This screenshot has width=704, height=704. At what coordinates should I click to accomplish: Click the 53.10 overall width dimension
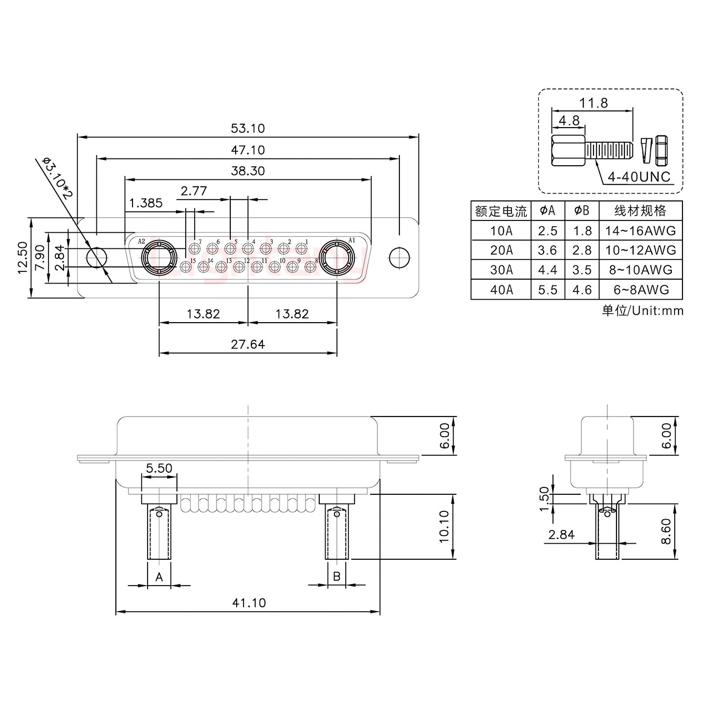coord(247,129)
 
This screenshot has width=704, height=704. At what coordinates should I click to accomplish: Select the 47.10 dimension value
coord(247,150)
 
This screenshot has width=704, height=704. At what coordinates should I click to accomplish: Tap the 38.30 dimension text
coord(247,171)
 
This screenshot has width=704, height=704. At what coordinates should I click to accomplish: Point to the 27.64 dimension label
coord(248,345)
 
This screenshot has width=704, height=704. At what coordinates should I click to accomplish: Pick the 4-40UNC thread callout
coord(639,177)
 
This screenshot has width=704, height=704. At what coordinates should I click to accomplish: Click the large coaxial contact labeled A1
coord(337,257)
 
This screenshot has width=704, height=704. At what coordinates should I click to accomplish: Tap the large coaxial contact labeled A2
coord(159,257)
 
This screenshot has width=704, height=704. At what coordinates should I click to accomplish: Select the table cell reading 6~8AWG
coord(641,290)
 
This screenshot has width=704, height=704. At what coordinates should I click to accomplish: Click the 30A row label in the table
coord(501,270)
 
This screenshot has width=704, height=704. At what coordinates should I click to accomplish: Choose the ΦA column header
coord(548,211)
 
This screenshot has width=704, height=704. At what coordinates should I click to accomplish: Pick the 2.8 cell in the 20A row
coord(582,250)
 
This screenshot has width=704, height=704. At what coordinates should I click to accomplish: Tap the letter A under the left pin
coord(159,577)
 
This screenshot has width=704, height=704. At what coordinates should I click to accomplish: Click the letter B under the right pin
coord(337,576)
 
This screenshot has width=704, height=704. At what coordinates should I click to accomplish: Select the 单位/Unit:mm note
coord(642,310)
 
